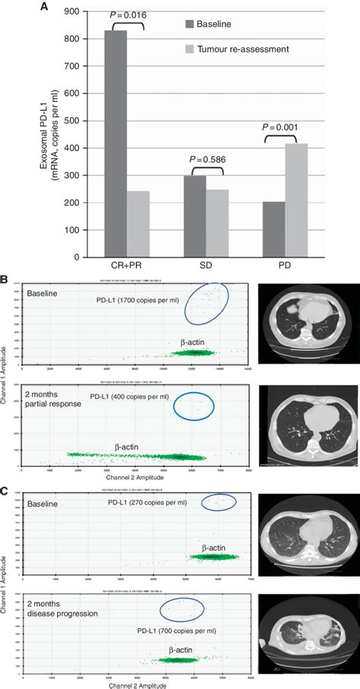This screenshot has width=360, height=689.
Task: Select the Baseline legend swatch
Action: [x=189, y=25]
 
